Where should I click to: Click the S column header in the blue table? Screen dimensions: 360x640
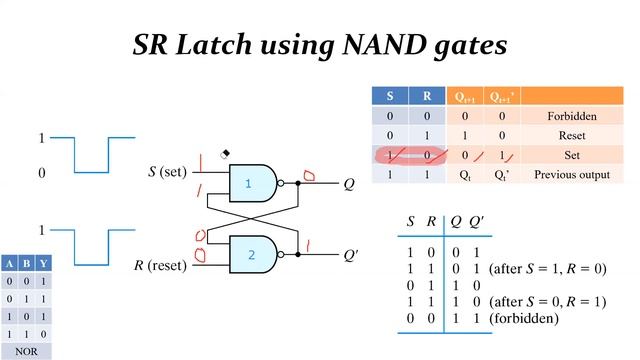(390, 97)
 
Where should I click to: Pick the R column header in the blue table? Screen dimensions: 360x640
(428, 97)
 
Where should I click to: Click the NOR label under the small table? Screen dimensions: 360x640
(24, 352)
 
